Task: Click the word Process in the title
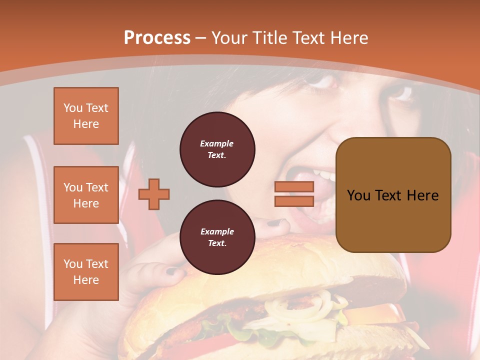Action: [x=157, y=38]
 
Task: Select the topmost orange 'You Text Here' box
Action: [x=86, y=116]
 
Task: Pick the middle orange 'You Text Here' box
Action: [x=86, y=195]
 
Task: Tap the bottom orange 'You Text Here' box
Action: [x=86, y=271]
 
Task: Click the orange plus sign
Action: [x=154, y=194]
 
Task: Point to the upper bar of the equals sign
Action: [x=294, y=187]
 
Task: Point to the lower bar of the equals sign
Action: [x=294, y=201]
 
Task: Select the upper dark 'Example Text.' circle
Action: [x=217, y=149]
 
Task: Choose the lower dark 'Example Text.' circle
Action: [x=217, y=237]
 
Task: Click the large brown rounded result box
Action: [x=393, y=195]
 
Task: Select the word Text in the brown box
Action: [x=392, y=195]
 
